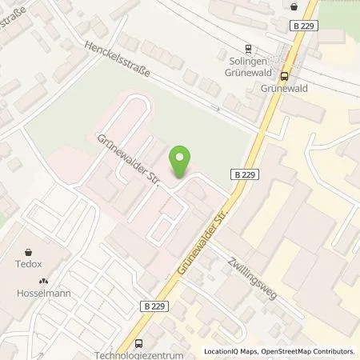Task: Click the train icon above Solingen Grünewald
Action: click(x=249, y=47)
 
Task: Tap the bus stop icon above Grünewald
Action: click(x=285, y=77)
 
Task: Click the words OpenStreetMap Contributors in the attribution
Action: click(x=311, y=351)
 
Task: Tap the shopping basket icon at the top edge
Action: click(x=294, y=6)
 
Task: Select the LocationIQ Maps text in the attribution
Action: click(x=233, y=351)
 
